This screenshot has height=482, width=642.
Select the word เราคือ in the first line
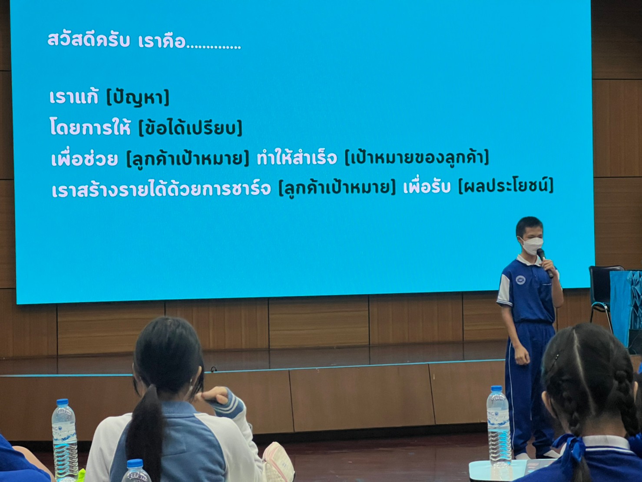click(x=162, y=41)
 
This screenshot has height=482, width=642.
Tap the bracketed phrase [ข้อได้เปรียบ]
click(x=190, y=127)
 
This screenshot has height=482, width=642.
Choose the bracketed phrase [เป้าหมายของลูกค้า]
click(x=417, y=158)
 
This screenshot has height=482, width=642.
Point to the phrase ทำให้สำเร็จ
click(x=297, y=158)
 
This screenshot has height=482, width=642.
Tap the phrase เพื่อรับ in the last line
click(x=427, y=187)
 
